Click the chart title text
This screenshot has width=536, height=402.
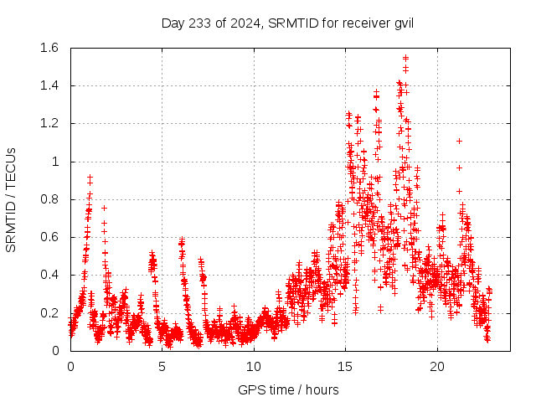(x=287, y=23)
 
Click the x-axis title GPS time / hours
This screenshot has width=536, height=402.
(x=287, y=389)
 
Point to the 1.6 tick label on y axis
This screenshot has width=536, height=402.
(x=49, y=48)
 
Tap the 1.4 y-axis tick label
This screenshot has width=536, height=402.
(x=49, y=85)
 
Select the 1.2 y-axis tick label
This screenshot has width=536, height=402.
(x=49, y=123)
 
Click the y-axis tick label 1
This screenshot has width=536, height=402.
(x=56, y=162)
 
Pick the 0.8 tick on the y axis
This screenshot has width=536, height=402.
(x=49, y=199)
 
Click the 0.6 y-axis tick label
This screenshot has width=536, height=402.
(x=49, y=237)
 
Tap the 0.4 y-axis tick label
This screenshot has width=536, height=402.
(x=49, y=275)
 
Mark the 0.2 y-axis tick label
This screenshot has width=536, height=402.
(x=49, y=312)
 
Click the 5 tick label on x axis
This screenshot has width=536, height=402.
(x=162, y=367)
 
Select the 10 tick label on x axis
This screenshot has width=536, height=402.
(x=254, y=367)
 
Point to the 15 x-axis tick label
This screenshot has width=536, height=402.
(x=345, y=367)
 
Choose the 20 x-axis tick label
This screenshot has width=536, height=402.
(x=437, y=367)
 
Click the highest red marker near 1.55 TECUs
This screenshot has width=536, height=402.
(x=405, y=58)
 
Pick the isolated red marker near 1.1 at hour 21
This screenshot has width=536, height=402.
(x=459, y=141)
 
